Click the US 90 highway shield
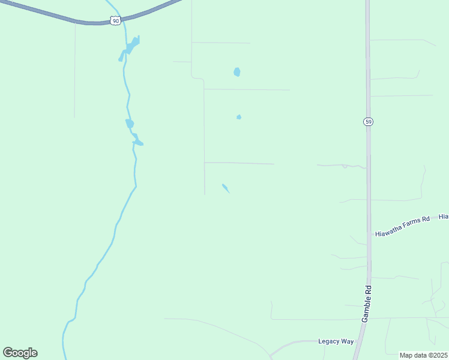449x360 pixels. click(x=115, y=21)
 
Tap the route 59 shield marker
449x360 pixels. click(x=368, y=122)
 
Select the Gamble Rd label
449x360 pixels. click(x=367, y=304)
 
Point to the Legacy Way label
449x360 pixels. click(x=336, y=341)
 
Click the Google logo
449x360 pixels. click(x=20, y=353)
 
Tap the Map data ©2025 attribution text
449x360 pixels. click(x=423, y=355)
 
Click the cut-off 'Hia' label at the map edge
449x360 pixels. click(x=444, y=215)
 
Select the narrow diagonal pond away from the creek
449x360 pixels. click(x=226, y=188)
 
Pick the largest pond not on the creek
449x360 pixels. click(x=237, y=72)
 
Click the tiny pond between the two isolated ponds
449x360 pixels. click(x=239, y=117)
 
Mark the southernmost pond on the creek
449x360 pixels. click(x=138, y=142)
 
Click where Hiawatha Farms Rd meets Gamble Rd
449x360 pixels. click(x=369, y=235)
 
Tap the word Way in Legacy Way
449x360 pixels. click(x=348, y=341)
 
